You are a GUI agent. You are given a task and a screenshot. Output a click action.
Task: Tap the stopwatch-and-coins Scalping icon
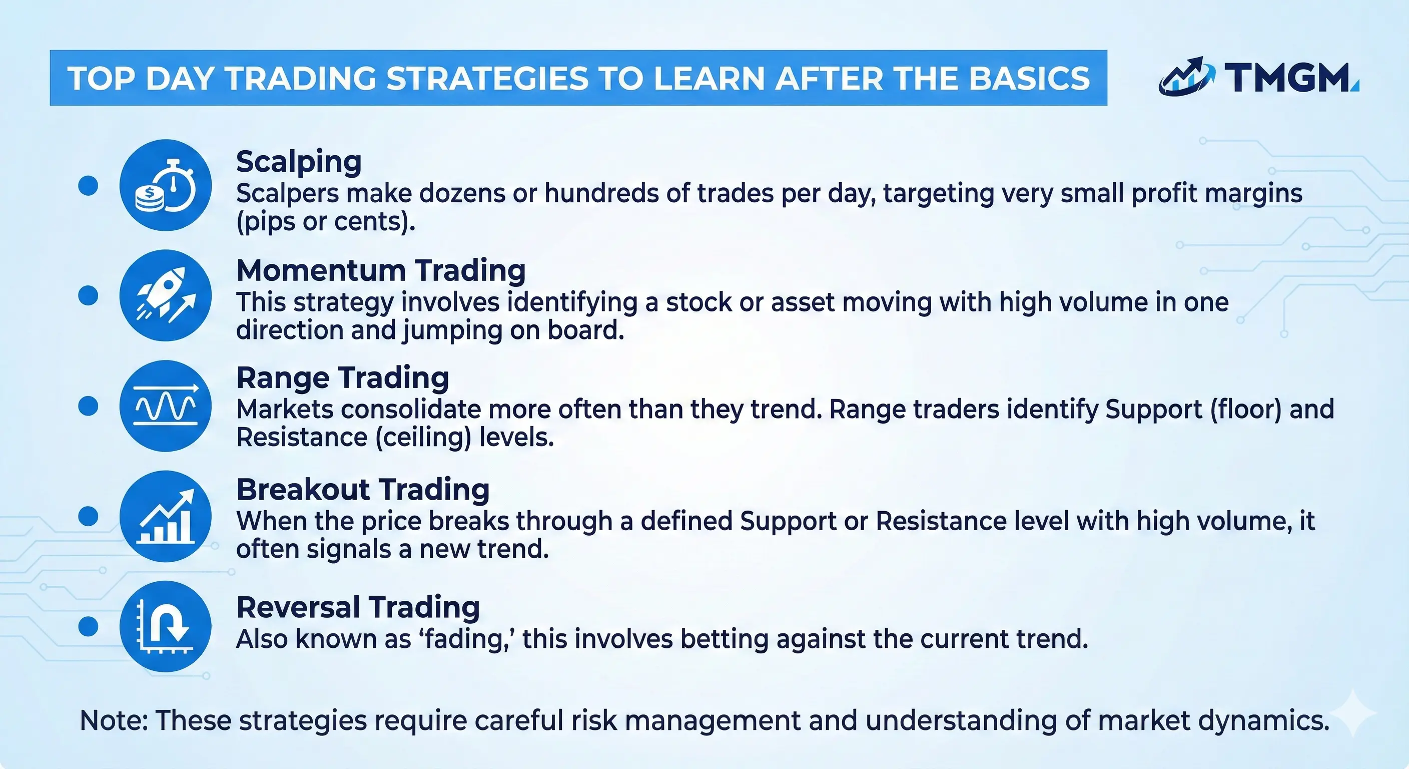[165, 186]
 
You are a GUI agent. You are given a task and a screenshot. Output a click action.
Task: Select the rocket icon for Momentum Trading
[165, 295]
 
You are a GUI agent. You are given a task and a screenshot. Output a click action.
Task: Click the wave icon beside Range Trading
[165, 406]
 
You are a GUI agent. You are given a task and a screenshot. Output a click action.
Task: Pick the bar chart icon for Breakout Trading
[165, 516]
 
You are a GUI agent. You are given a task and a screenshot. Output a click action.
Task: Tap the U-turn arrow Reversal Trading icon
[165, 627]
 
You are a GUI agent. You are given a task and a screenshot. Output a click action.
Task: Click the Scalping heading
[299, 162]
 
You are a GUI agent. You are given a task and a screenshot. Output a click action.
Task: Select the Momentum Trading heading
[381, 270]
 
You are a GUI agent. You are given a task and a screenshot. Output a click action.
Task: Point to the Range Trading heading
[342, 377]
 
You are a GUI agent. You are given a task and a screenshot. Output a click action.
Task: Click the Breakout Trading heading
[363, 489]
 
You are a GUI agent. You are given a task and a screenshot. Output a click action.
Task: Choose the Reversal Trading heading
[358, 607]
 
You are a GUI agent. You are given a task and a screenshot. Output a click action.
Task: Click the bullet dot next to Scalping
[88, 186]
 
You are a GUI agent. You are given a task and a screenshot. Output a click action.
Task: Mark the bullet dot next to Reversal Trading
[88, 627]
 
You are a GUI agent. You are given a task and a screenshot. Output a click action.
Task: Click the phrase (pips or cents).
[325, 222]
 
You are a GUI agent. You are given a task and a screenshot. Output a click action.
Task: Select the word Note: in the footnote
[114, 720]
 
